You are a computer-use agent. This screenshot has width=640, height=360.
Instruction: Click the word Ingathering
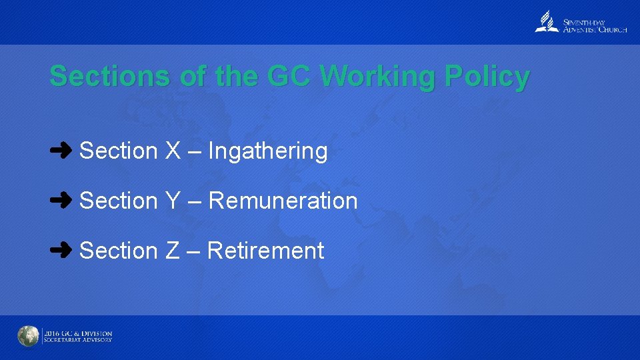268,151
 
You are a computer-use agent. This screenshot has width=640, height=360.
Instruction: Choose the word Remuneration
283,201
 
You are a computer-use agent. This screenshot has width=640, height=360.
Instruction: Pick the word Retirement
266,251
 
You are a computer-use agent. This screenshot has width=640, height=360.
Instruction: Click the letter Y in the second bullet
173,201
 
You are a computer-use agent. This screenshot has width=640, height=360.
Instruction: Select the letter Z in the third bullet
173,251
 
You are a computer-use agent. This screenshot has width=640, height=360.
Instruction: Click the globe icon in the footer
28,337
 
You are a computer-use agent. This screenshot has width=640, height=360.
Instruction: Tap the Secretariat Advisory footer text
77,340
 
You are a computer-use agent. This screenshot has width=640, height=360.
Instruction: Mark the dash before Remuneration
195,201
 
